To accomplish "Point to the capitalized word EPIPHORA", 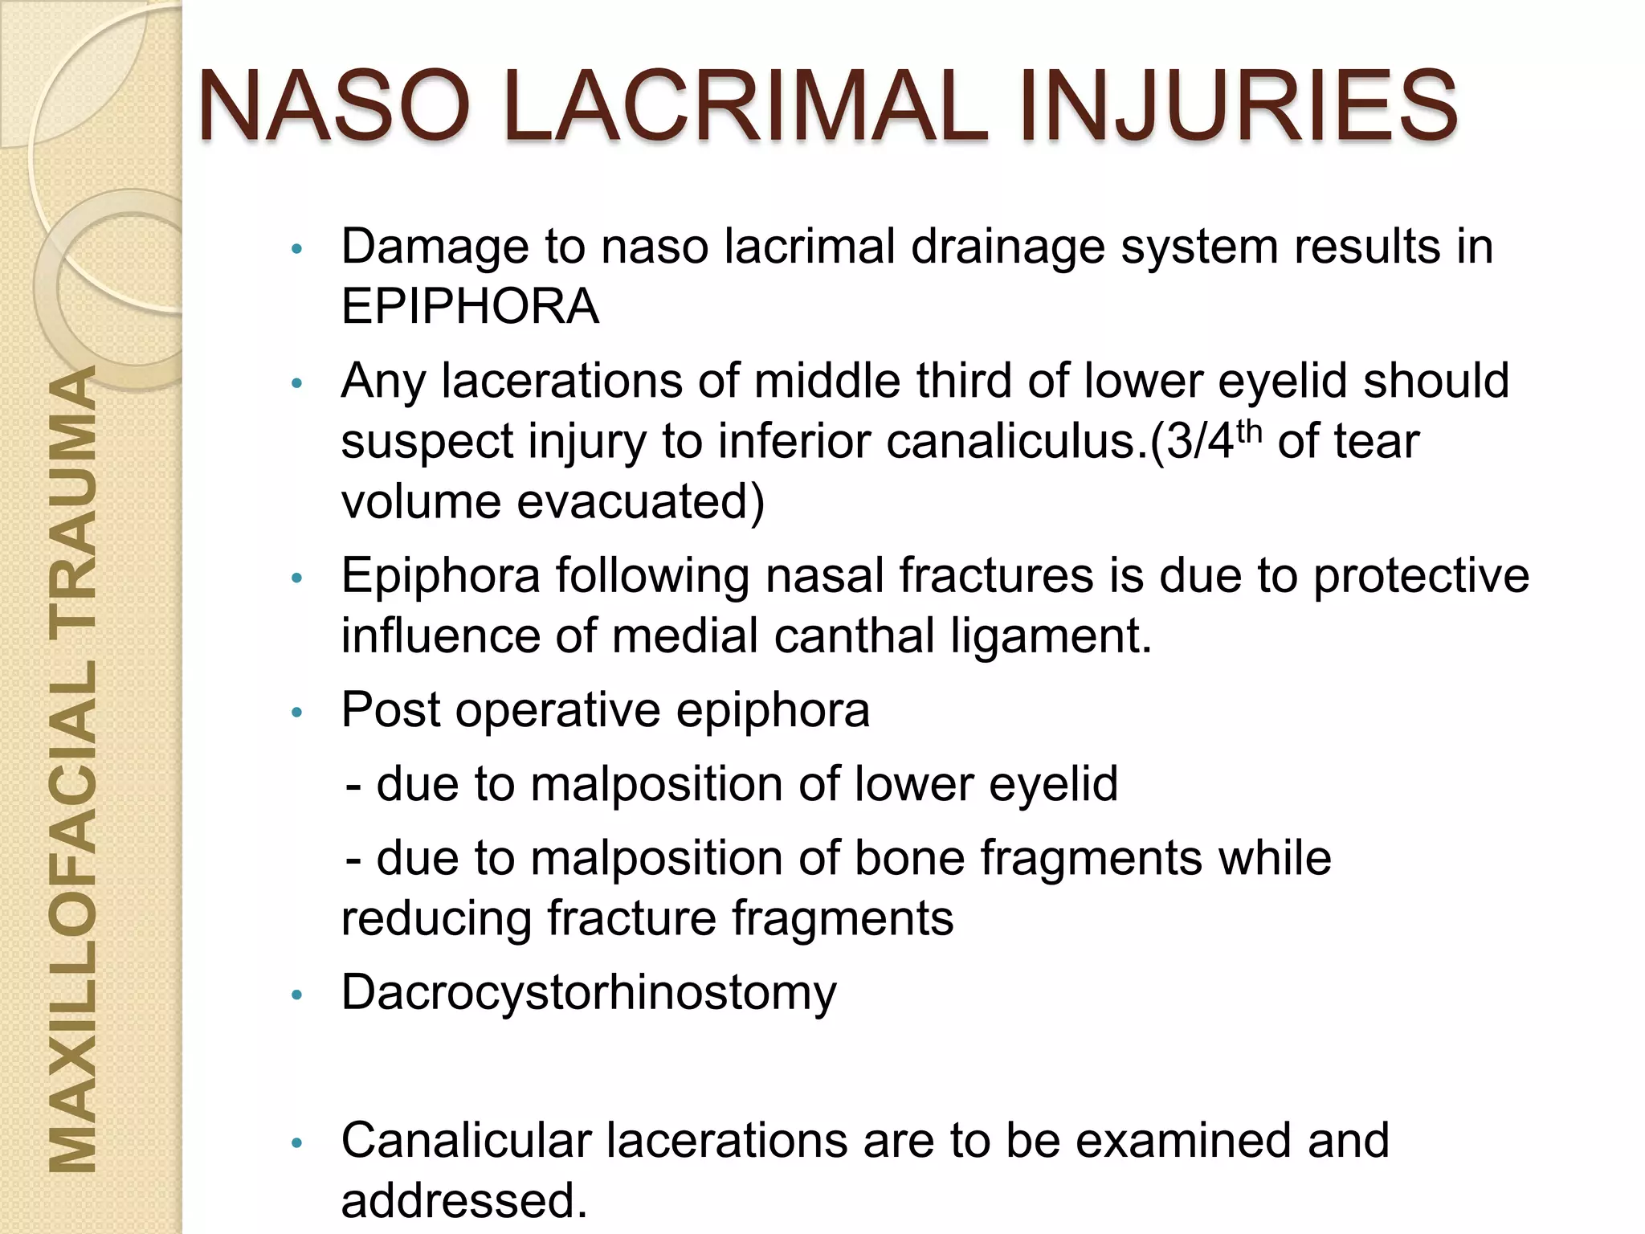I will click(x=470, y=306).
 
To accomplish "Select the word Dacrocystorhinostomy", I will click(x=589, y=992).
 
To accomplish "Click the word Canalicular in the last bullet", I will click(x=466, y=1140).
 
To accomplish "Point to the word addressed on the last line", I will click(x=463, y=1200).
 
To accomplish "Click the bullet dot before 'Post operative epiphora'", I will click(x=297, y=712).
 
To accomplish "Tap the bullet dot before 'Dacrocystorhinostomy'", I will click(x=297, y=995).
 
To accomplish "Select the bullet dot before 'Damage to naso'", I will click(x=297, y=249).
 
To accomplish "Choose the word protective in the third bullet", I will click(x=1421, y=575).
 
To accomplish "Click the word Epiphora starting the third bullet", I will click(x=440, y=575).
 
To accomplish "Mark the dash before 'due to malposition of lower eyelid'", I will click(x=353, y=785).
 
